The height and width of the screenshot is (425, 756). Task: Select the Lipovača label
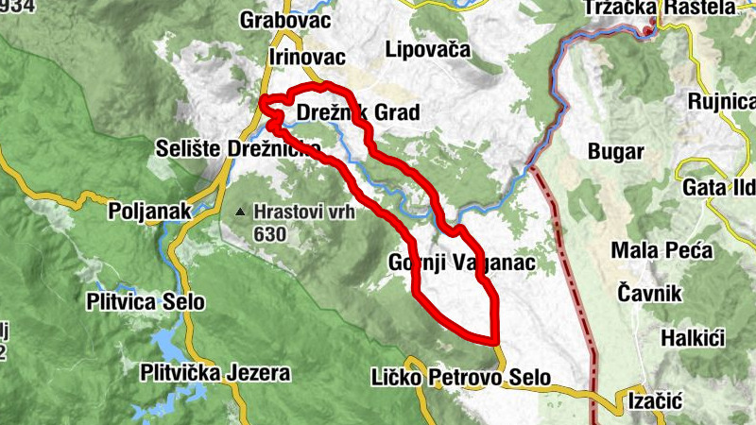click(x=427, y=50)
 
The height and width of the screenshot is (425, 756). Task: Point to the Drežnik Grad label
click(x=357, y=113)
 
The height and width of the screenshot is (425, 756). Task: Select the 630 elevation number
click(x=269, y=231)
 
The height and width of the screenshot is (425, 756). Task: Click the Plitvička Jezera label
click(x=215, y=373)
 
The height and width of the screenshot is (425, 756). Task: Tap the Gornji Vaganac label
click(x=462, y=262)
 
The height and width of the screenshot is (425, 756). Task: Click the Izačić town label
click(x=655, y=401)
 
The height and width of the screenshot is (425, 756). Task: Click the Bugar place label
click(x=615, y=151)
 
